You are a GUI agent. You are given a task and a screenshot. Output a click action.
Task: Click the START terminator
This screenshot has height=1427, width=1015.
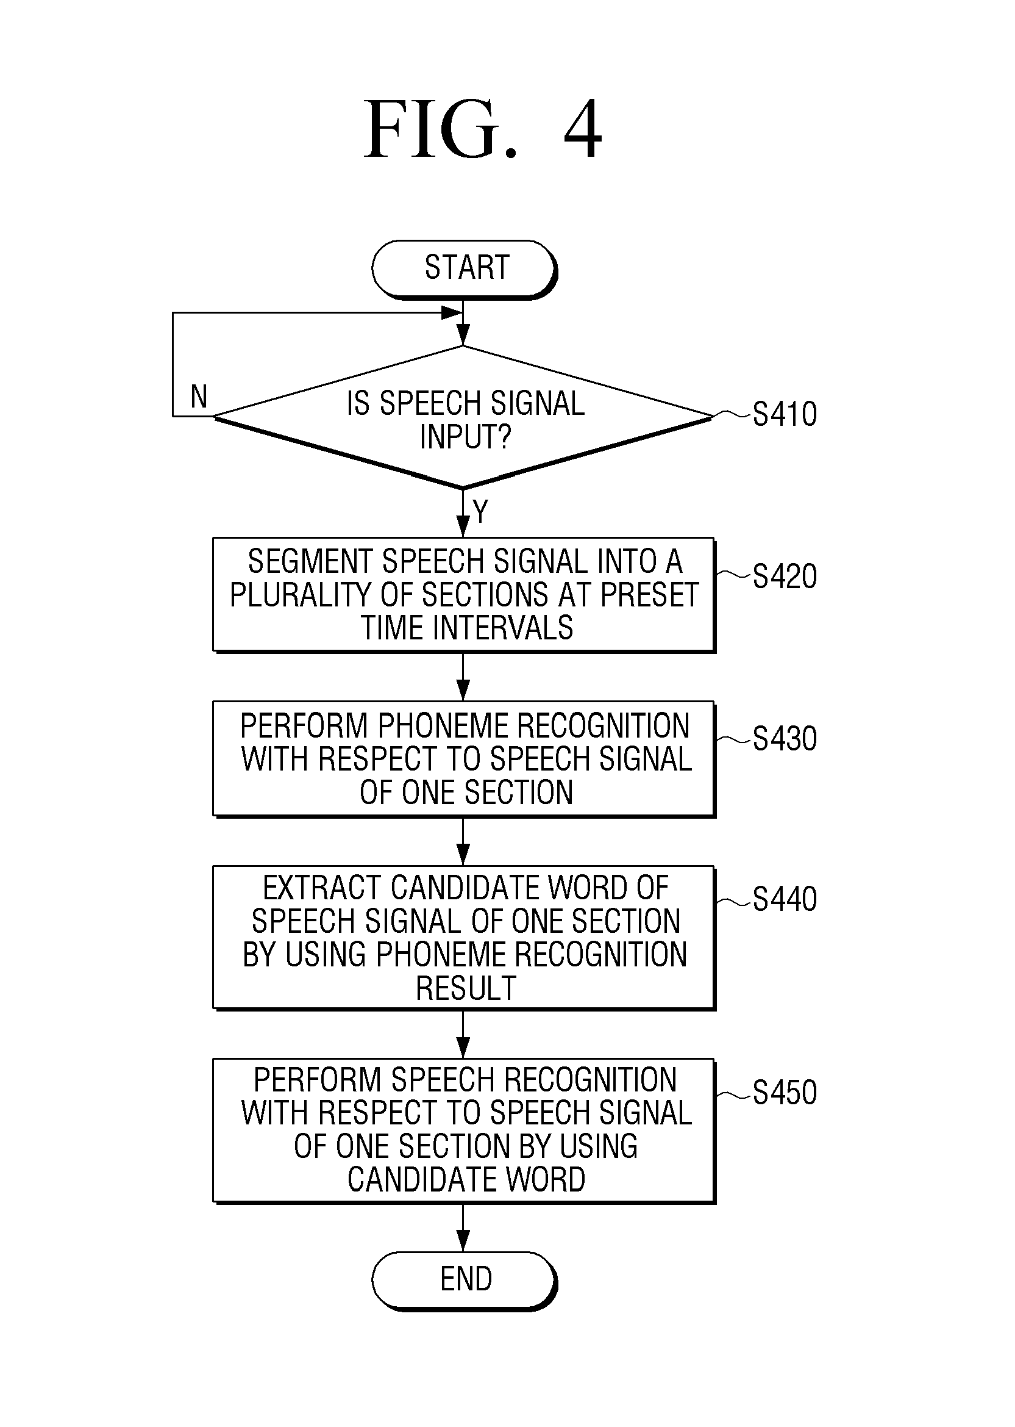(x=464, y=270)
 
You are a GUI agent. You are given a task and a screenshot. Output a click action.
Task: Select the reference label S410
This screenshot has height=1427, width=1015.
(x=785, y=414)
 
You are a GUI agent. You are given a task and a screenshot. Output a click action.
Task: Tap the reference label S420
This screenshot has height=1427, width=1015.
(x=785, y=576)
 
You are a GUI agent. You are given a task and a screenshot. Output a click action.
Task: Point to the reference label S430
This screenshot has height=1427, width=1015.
(x=785, y=738)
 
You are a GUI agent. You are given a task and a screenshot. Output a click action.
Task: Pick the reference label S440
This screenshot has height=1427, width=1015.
(x=785, y=899)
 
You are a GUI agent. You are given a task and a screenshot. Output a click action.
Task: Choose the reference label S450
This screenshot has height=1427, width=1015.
(x=785, y=1093)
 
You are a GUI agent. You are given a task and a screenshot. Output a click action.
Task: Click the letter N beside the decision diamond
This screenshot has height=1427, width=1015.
(x=199, y=397)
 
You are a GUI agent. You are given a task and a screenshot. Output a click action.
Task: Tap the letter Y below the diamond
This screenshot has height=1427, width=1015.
(x=480, y=511)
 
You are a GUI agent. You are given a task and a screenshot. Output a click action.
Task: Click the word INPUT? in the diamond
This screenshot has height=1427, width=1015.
(x=466, y=436)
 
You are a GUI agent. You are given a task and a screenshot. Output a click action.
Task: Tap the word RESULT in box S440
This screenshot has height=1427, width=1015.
(x=466, y=988)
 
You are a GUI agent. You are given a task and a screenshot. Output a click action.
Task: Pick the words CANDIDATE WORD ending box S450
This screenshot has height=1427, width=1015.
(x=466, y=1179)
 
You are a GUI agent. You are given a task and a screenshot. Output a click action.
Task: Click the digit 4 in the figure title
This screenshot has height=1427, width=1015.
(x=583, y=129)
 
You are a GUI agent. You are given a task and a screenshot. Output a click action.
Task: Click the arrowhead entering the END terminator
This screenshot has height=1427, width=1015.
(x=463, y=1242)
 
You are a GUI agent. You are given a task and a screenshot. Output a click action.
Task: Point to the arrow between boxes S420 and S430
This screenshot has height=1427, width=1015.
(x=463, y=677)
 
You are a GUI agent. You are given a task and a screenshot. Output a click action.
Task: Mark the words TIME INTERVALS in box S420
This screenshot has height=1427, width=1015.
(x=466, y=628)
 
